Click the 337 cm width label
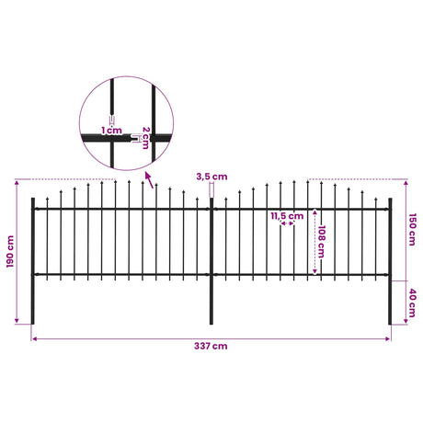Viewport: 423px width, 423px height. tap(211, 346)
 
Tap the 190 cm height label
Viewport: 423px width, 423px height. tap(10, 252)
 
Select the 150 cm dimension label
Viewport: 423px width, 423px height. tap(412, 230)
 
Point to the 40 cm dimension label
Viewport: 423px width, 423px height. tap(412, 303)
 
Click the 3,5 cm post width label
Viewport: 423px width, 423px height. tap(211, 177)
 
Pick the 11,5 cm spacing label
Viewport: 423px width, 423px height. tap(287, 216)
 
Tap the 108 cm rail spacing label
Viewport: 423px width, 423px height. tap(322, 242)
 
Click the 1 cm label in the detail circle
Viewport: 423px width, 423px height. tap(111, 131)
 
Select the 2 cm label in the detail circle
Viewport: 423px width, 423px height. tap(145, 138)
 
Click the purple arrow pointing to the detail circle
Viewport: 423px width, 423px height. tap(149, 180)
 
